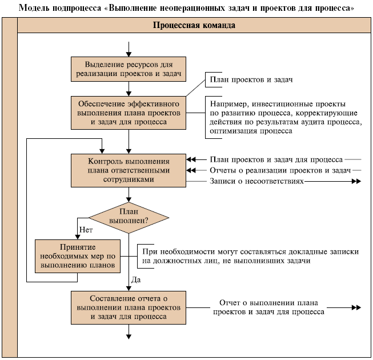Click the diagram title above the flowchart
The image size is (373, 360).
click(186, 8)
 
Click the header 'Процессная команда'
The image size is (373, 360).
click(194, 26)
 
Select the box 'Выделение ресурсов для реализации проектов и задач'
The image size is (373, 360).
click(129, 69)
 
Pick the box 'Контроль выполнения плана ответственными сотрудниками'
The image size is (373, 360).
click(129, 170)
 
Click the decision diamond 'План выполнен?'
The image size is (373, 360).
click(129, 217)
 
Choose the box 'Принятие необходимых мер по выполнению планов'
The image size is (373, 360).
click(78, 255)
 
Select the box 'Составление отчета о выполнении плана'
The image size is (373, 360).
click(129, 307)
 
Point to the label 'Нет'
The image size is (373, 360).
click(86, 229)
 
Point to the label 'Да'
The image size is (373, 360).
click(136, 279)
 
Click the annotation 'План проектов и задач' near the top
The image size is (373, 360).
click(251, 79)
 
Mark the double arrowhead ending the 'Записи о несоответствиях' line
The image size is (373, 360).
click(356, 182)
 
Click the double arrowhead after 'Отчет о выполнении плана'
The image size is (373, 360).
click(356, 307)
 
